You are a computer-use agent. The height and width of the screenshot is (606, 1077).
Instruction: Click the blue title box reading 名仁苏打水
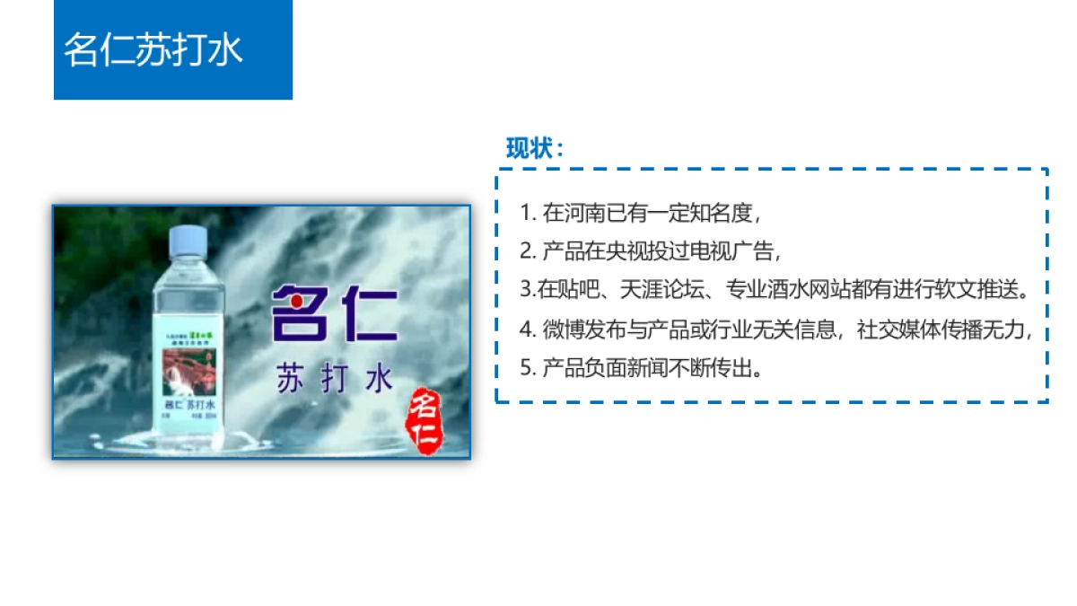172,49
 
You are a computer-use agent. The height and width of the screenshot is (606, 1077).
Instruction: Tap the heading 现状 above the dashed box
535,148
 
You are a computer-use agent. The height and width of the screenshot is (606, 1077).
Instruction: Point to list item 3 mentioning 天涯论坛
774,290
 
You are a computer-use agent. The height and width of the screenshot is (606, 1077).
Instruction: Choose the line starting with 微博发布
776,329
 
